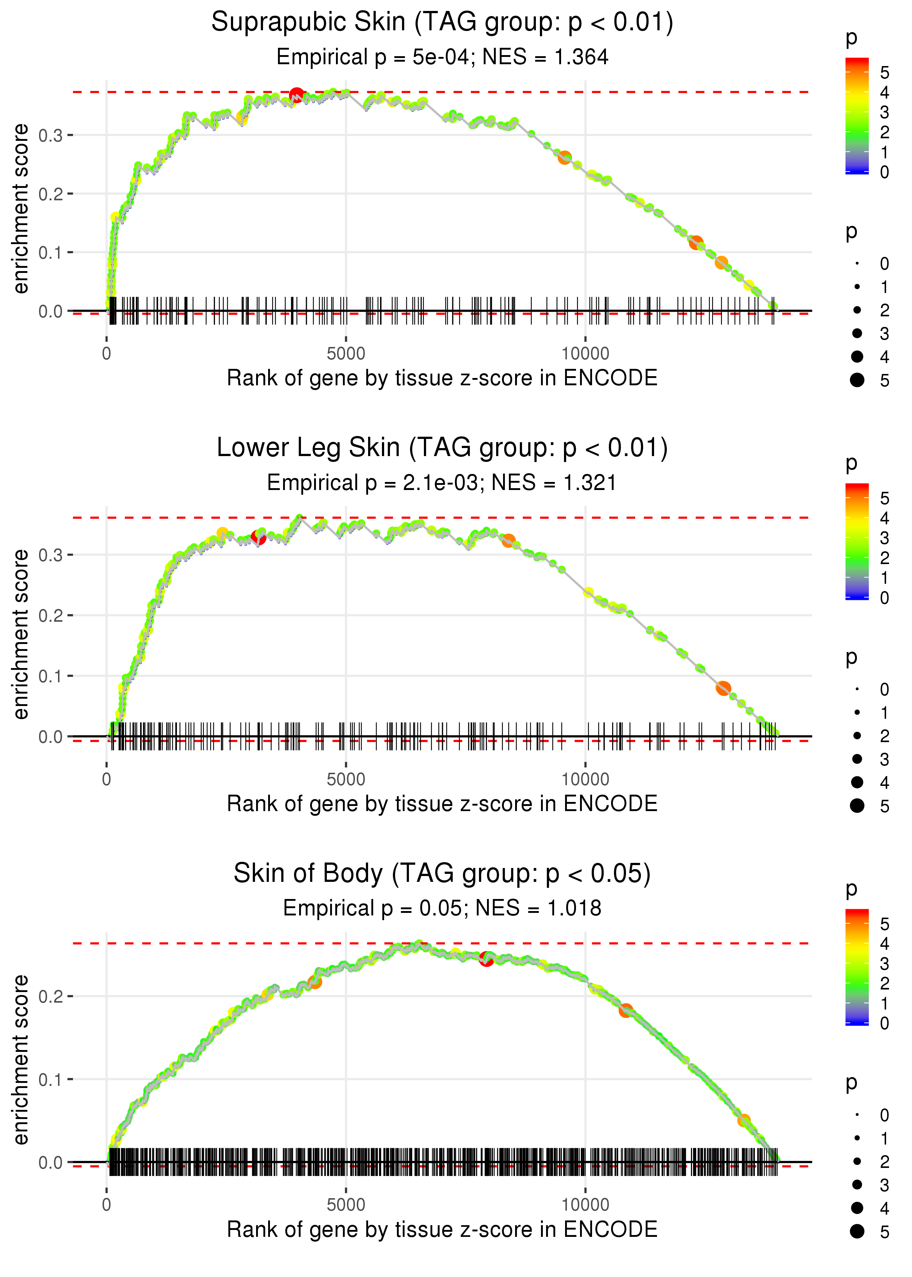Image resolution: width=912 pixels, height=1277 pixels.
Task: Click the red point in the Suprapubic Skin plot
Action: (297, 94)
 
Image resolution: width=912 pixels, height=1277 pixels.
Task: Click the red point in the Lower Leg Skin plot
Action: (258, 537)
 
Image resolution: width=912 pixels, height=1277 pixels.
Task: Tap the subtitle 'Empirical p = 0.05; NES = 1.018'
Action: (442, 908)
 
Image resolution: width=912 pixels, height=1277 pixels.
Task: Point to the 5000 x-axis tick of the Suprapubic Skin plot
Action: (346, 354)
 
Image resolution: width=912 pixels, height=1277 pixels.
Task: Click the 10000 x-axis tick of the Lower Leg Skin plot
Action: (585, 779)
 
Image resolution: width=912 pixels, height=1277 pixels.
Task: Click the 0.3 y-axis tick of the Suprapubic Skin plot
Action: (51, 135)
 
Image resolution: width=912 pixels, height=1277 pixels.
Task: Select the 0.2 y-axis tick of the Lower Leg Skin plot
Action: (51, 616)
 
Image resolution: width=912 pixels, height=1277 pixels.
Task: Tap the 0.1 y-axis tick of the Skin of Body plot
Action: (51, 1079)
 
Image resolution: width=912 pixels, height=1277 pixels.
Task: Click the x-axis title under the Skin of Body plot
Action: (442, 1230)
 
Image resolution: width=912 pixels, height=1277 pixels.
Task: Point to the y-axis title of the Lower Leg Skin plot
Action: (21, 634)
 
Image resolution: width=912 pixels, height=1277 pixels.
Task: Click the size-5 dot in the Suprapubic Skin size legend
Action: (857, 380)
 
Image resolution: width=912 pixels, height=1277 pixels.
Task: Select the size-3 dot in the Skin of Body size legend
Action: (857, 1184)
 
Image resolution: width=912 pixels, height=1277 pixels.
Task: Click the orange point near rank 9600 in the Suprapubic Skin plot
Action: (564, 158)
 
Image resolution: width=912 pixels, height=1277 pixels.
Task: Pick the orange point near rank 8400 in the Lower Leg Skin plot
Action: (508, 541)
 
